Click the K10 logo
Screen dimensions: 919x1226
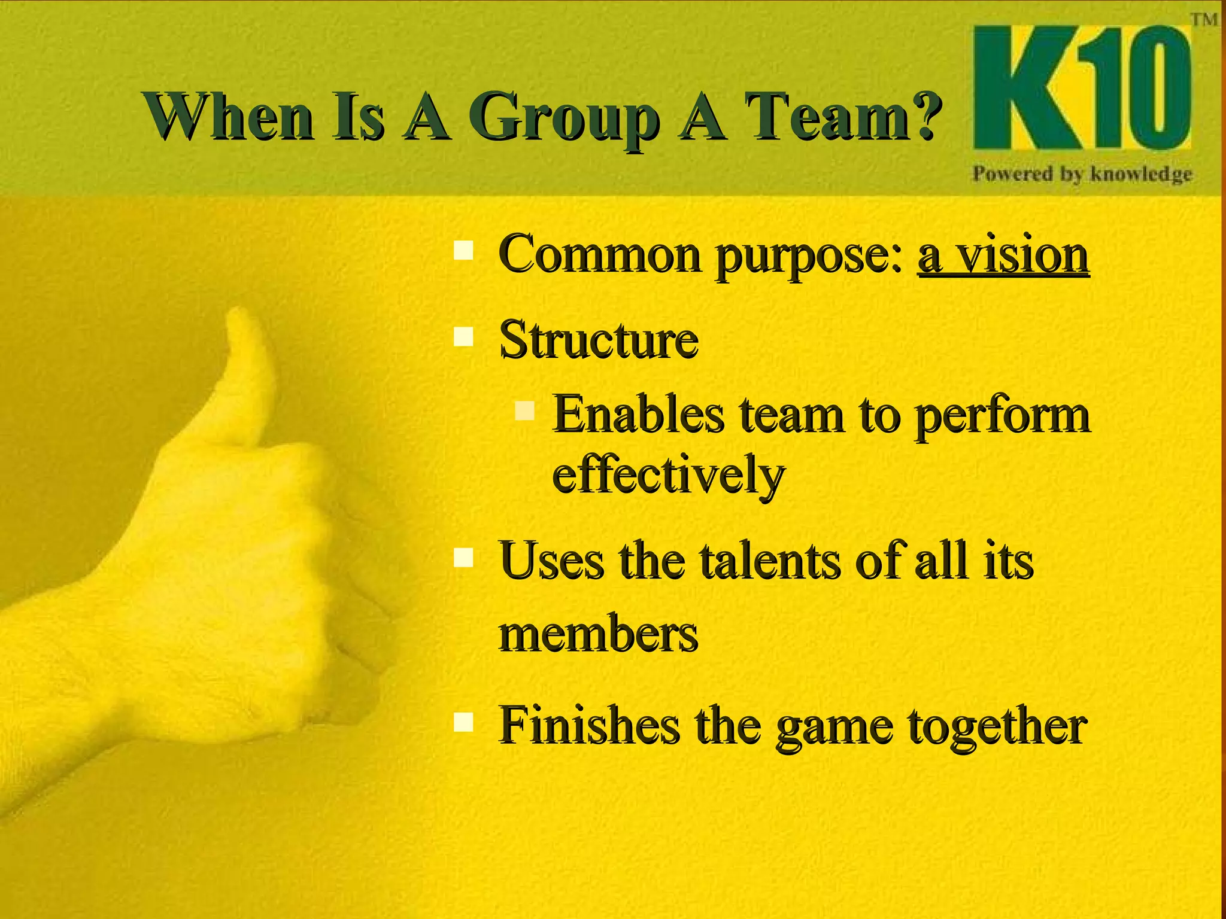(x=1081, y=89)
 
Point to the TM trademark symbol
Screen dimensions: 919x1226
(x=1204, y=20)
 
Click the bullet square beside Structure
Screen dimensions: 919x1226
(x=464, y=336)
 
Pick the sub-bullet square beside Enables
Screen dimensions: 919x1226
(x=524, y=410)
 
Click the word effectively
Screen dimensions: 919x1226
(x=667, y=474)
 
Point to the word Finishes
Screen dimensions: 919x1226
(x=590, y=726)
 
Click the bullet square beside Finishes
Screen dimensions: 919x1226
(x=464, y=722)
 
